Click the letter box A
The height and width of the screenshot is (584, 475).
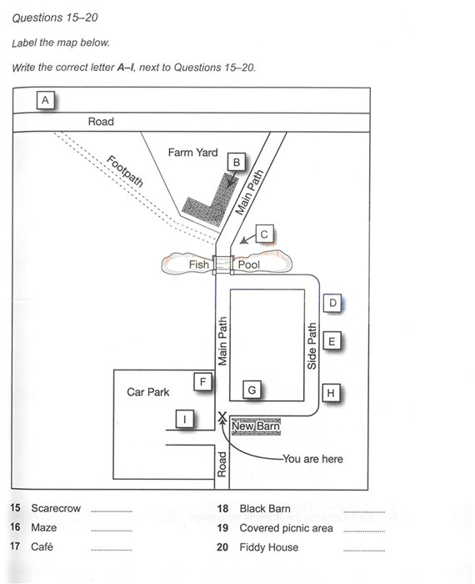pos(45,100)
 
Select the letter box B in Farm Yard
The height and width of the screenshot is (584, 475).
pos(236,163)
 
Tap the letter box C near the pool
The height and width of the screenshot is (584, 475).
pos(264,234)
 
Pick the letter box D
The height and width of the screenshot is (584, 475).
pos(332,303)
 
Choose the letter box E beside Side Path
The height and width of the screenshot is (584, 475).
pos(332,341)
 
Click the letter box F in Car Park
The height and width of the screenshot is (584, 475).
pos(202,381)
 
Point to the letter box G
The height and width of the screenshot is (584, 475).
pos(252,390)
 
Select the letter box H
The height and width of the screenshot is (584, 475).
pos(331,393)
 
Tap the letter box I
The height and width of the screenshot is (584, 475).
pos(185,420)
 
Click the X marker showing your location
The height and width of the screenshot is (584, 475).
pos(222,417)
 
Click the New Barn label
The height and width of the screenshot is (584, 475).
pos(256,426)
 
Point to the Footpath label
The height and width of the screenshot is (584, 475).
pos(125,171)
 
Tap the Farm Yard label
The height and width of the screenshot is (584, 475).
pos(192,153)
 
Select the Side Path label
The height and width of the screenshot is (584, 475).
pos(312,345)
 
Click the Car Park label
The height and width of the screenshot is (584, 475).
pos(148,392)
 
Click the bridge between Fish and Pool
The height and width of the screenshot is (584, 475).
pos(222,264)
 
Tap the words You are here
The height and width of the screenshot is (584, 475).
pos(312,459)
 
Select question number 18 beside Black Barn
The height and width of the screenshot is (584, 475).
pos(222,508)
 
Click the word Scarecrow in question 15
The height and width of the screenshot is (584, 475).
pos(56,508)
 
